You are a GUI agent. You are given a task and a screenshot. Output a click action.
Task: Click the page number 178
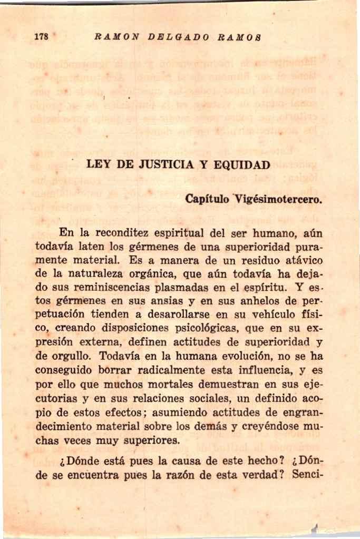[x=41, y=37]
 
